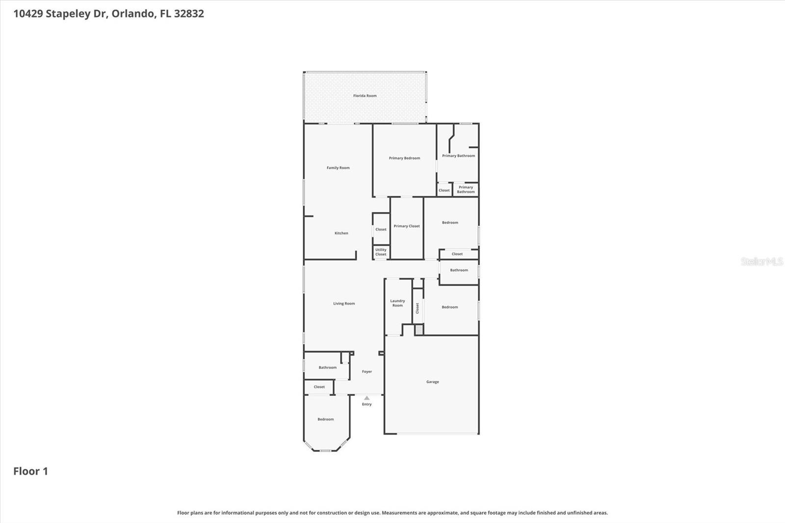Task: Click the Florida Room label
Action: [365, 96]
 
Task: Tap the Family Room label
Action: [338, 168]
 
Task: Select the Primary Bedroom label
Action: [404, 158]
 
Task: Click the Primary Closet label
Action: [406, 226]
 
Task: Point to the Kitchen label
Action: [341, 233]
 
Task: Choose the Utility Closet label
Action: [381, 252]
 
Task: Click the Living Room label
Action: [343, 304]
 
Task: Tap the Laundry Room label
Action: [397, 303]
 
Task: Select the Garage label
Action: [432, 382]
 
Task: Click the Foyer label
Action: [366, 371]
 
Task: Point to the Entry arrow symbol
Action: [366, 398]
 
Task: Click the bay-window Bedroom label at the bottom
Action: [325, 419]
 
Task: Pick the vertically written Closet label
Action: [418, 308]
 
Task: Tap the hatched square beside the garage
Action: [419, 330]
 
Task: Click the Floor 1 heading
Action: [30, 471]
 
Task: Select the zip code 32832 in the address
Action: [189, 14]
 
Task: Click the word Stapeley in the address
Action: [68, 14]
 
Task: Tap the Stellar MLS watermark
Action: [761, 261]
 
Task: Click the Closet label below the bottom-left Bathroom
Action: [319, 387]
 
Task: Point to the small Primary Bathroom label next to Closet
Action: [466, 189]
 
